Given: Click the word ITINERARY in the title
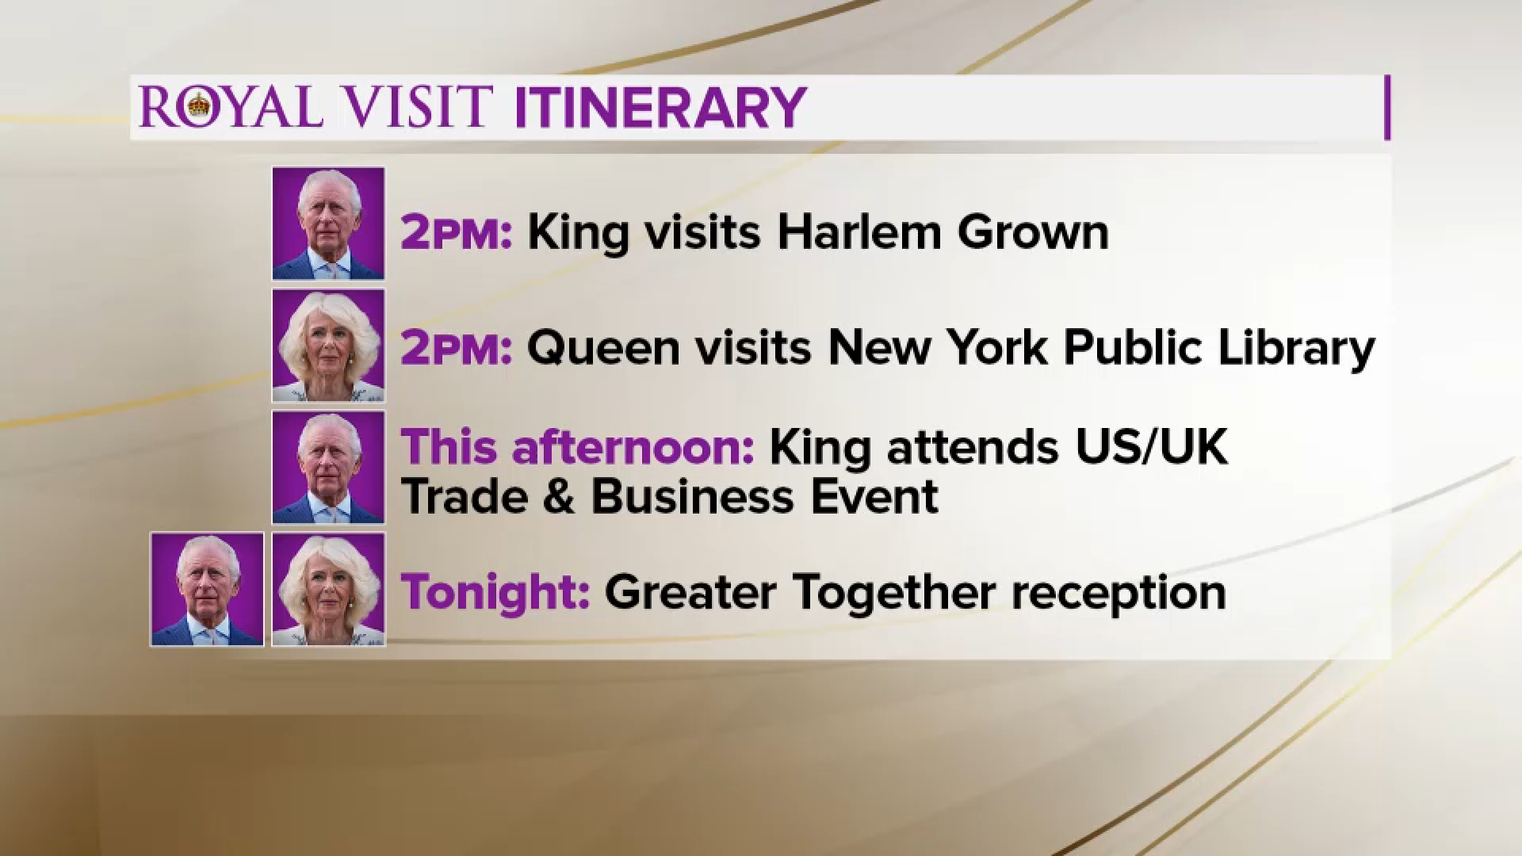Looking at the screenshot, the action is pos(660,107).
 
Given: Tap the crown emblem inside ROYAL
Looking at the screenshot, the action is pos(199,105).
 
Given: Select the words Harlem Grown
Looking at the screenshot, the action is pos(943,232).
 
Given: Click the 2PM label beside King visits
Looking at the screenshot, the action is pos(457,233).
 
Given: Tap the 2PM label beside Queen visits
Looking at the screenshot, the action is pos(457,349).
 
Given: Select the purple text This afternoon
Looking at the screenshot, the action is pos(577,447).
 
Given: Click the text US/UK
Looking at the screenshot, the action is pos(1152,447).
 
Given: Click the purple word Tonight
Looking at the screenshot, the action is pos(495,593).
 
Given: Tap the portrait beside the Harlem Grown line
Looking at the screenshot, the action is pos(328,224).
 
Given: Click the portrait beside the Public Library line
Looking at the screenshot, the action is pos(328,346).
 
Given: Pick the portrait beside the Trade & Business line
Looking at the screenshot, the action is pos(328,468).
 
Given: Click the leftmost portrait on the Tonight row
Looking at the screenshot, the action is pos(207,590).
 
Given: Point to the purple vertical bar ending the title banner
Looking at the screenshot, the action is pos(1387,108).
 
